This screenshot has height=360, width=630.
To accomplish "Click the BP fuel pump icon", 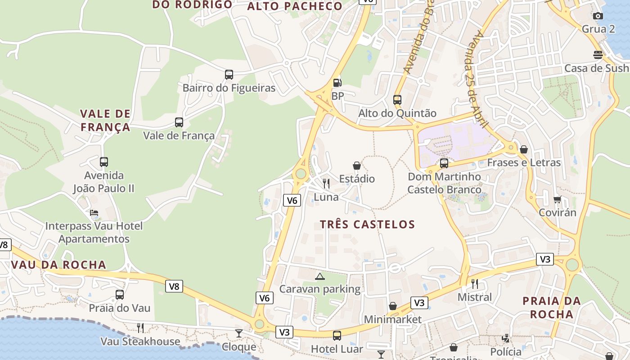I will [x=337, y=83].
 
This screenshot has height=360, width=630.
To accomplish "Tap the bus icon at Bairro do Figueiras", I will [x=229, y=74].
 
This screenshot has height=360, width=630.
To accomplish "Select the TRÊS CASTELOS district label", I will [x=367, y=224].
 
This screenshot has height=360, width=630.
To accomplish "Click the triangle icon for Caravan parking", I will [x=319, y=276].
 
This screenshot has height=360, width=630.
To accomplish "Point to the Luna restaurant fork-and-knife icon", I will [x=326, y=184].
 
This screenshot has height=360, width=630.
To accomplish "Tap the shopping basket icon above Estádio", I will [x=357, y=166].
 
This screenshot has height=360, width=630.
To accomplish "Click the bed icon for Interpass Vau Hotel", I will [x=94, y=213].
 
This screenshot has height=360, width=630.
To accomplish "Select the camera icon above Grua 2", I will [x=598, y=16].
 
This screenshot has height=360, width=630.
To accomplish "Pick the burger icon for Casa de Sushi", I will [x=598, y=55].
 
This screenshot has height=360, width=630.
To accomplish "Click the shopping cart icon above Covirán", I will [x=558, y=199].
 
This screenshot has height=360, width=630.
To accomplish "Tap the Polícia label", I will [x=505, y=351].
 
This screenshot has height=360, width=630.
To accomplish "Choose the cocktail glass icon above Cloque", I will [x=238, y=333].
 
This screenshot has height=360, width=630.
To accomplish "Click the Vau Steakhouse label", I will [x=140, y=342].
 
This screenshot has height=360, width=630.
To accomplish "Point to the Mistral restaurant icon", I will [x=474, y=283].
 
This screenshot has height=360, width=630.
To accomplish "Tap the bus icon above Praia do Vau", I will [x=119, y=295].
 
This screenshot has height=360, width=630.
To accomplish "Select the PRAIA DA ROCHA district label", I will [x=551, y=307].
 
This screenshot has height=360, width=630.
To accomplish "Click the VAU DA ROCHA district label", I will [x=58, y=265].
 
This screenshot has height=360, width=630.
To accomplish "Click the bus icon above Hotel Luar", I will [x=337, y=335].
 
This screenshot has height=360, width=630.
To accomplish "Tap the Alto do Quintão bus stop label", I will [x=397, y=113].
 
